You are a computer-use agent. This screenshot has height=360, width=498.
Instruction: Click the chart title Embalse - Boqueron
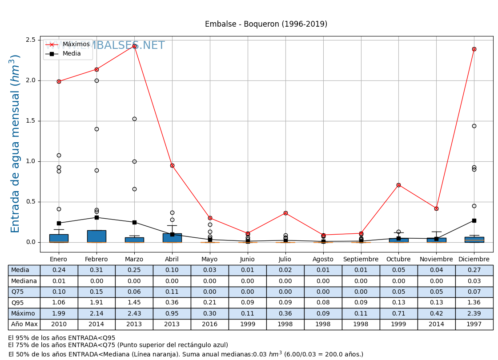coord(266,24)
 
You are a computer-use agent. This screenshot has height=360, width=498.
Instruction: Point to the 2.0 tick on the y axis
coord(31,80)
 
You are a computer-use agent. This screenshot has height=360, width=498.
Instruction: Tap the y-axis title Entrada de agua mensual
coord(16,143)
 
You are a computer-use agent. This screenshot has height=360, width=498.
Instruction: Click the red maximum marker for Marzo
coord(134,46)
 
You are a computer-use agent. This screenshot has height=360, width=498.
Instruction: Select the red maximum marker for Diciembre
coord(474,49)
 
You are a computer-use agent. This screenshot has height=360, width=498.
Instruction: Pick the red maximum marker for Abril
coord(172,165)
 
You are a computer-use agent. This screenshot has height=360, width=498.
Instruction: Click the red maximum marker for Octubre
coord(398,185)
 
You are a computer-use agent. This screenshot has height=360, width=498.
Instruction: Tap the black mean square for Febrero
coord(96,217)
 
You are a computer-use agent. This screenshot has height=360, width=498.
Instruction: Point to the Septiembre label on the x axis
coord(361,259)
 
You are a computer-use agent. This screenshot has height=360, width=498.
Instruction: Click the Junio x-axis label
coord(247,259)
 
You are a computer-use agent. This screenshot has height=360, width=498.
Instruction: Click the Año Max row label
coord(24,324)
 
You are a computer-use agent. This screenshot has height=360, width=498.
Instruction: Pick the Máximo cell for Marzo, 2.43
coord(134,313)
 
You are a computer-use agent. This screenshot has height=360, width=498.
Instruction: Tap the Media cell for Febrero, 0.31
coord(96,270)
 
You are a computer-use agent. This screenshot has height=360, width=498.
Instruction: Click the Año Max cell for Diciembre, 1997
coord(474,324)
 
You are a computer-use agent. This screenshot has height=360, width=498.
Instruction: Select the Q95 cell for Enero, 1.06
coord(59,303)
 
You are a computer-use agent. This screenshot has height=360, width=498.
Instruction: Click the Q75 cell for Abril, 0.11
coord(172,292)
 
